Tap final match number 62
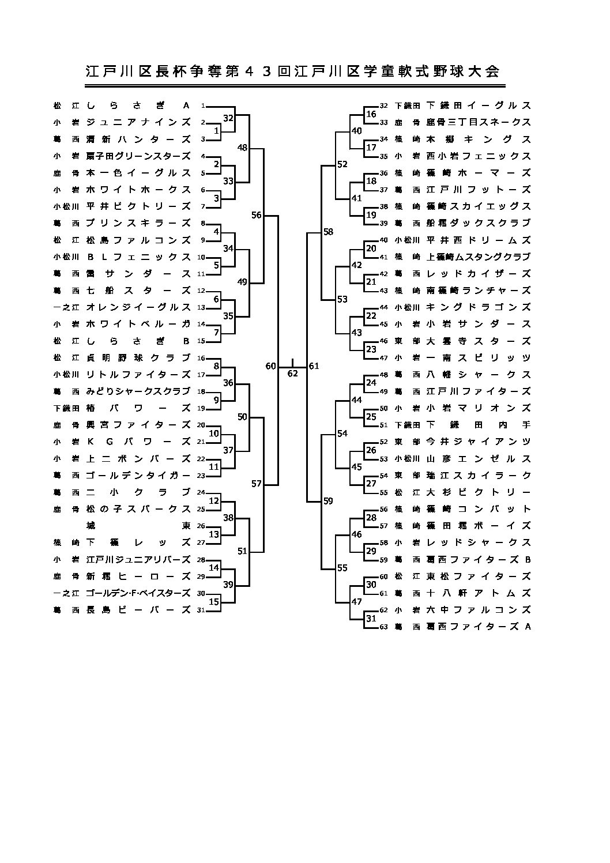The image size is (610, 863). [292, 373]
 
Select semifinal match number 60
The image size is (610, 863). [271, 366]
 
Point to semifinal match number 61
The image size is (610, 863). [314, 366]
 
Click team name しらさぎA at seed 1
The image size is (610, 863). [138, 105]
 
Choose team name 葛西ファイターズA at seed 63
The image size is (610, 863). [478, 626]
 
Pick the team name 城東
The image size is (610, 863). [138, 525]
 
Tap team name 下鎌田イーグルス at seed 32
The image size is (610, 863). [478, 105]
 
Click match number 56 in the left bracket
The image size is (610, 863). [257, 215]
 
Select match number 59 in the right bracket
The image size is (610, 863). [328, 501]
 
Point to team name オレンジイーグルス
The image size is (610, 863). [138, 307]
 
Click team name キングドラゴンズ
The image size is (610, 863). [478, 307]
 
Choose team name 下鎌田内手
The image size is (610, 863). [478, 425]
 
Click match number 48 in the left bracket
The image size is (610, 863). [242, 148]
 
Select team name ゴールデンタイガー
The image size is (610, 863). [138, 476]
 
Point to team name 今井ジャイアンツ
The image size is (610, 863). [478, 442]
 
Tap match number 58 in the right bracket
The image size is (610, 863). [328, 232]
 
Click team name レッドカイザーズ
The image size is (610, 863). [478, 274]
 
